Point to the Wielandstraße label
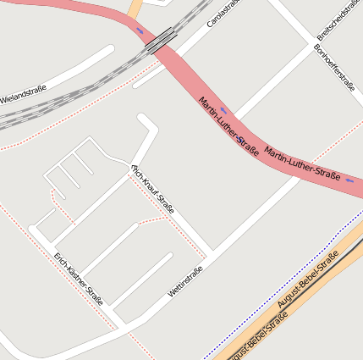click(x=24, y=93)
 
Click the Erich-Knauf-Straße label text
click(x=152, y=188)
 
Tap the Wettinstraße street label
click(x=185, y=282)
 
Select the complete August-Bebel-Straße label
click(x=308, y=278)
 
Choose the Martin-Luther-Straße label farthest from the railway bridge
click(x=302, y=163)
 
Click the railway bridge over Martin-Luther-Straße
click(x=161, y=40)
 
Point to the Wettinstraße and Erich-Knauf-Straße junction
click(x=211, y=252)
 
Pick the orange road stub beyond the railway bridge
click(x=135, y=8)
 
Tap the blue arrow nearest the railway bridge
click(x=140, y=30)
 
